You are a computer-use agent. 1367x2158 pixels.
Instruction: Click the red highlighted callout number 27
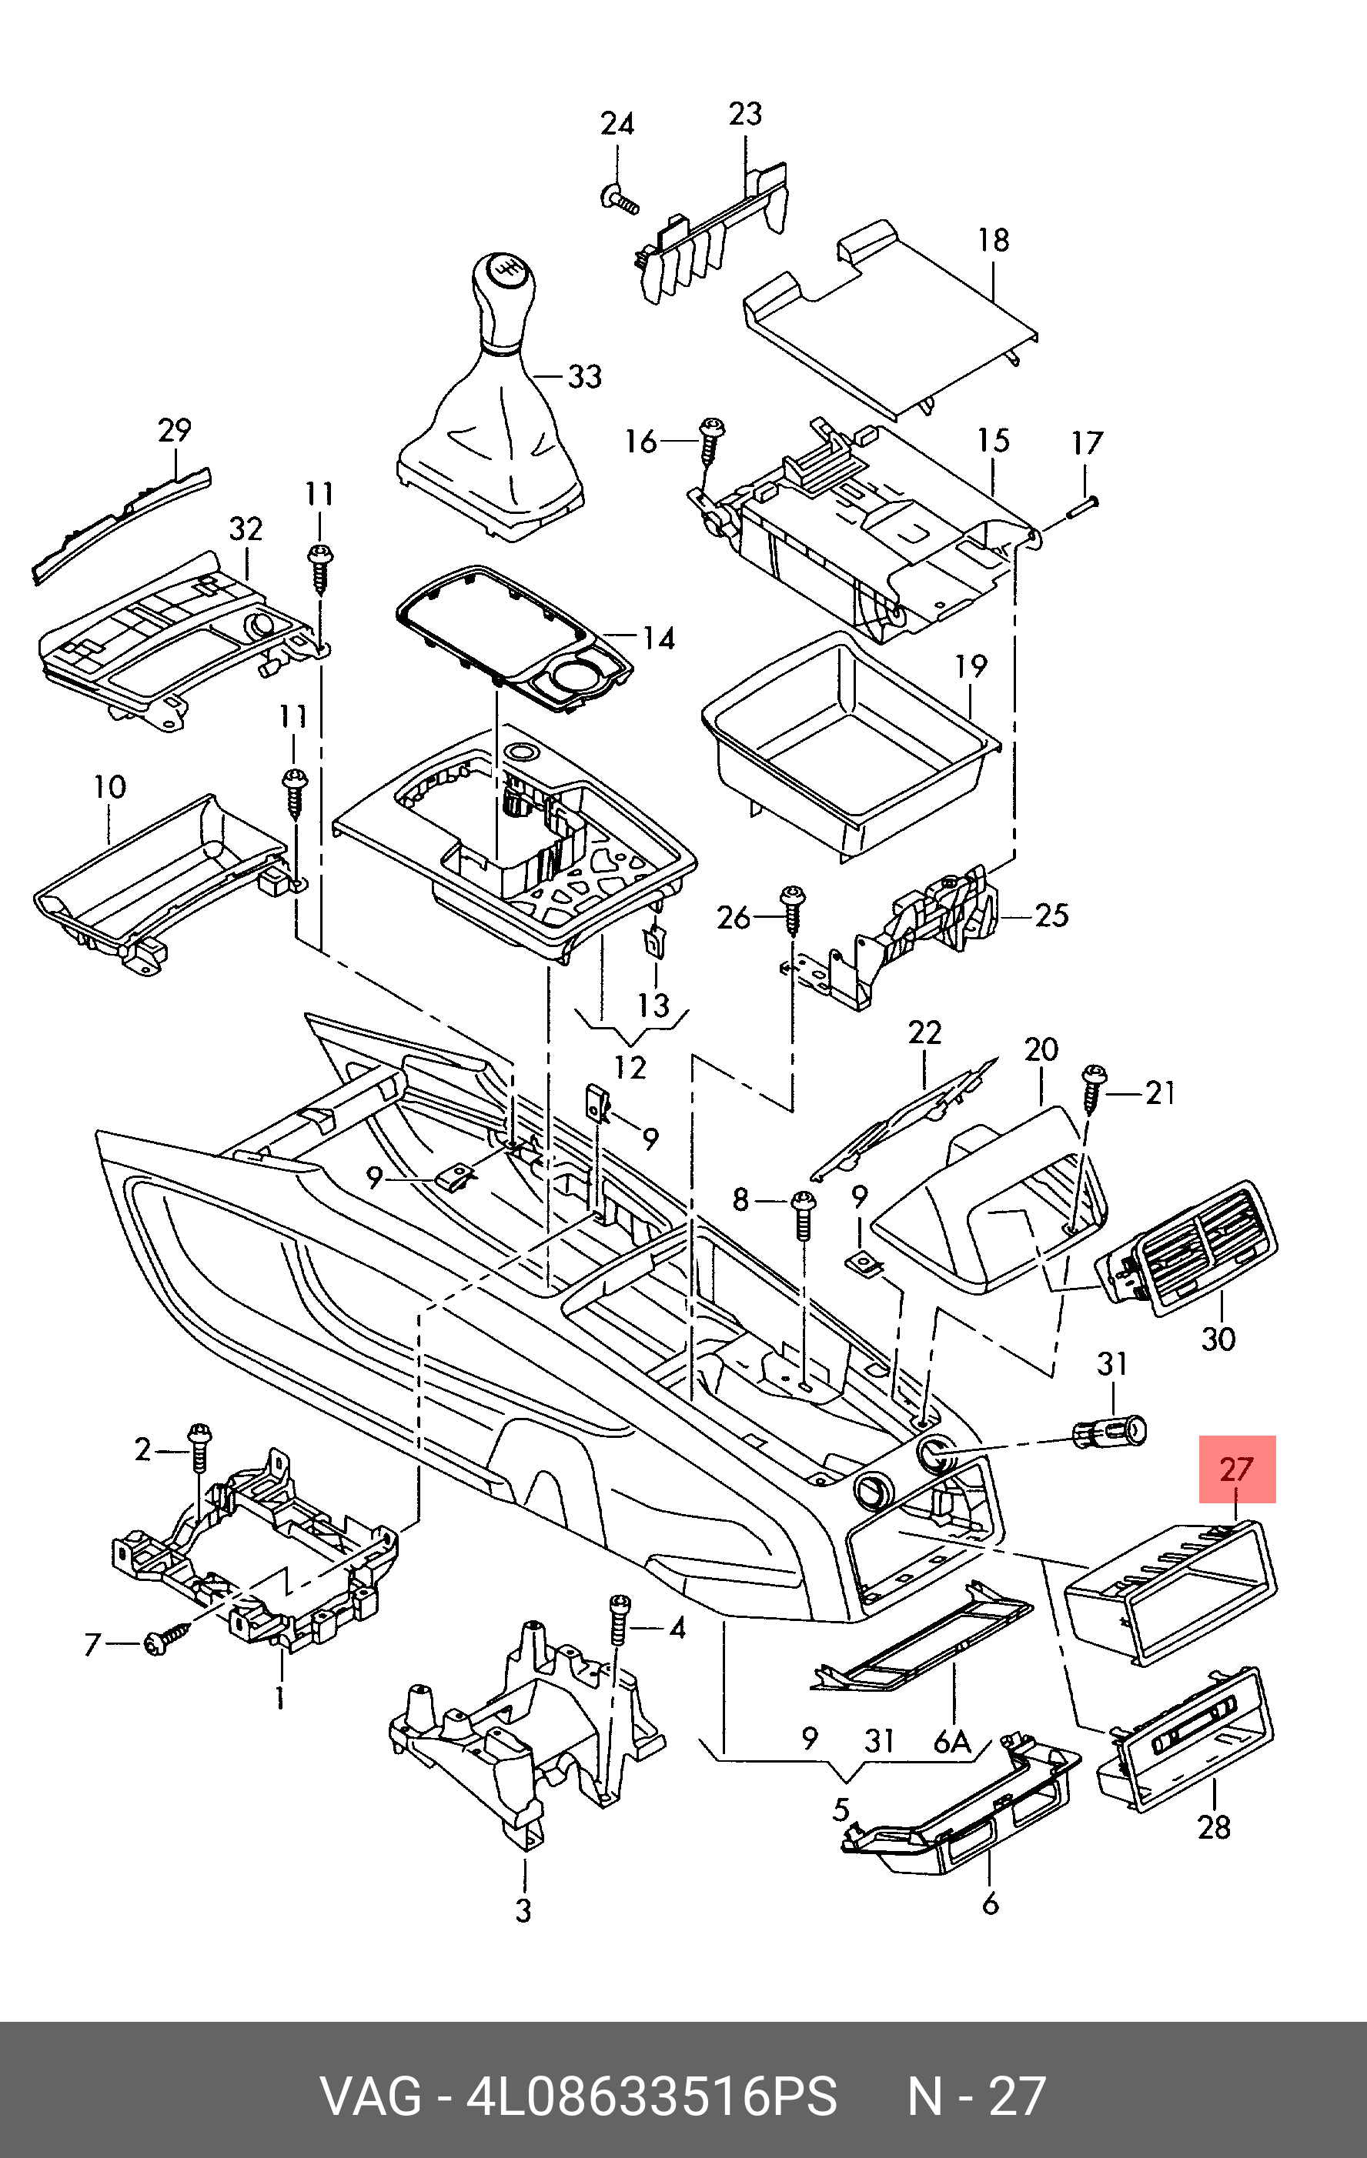pyautogui.click(x=1237, y=1469)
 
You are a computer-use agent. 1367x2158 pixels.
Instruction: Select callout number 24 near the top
pyautogui.click(x=617, y=124)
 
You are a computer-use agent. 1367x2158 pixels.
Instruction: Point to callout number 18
pyautogui.click(x=993, y=240)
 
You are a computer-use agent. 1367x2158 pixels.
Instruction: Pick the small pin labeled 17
pyautogui.click(x=1084, y=506)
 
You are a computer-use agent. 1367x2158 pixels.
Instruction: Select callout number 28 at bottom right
pyautogui.click(x=1214, y=1826)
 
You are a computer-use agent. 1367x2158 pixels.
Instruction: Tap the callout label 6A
pyautogui.click(x=952, y=1739)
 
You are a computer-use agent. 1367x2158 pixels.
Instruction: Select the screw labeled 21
pyautogui.click(x=1094, y=1087)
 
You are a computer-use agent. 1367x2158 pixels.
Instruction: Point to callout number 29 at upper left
pyautogui.click(x=175, y=430)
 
